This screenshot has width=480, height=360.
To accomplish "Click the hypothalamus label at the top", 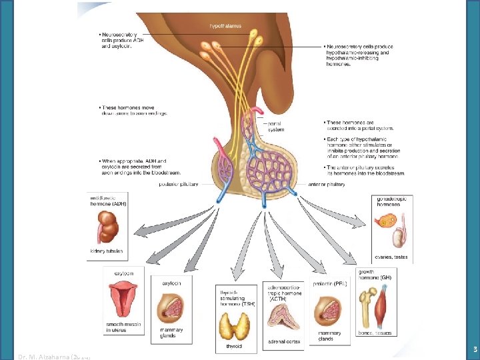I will coord(225,26).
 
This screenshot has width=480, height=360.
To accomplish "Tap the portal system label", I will coord(276,127).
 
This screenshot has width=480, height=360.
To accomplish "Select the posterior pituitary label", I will coord(179,184).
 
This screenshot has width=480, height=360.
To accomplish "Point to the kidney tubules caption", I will coord(105,251).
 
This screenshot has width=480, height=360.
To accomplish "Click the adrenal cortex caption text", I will coord(283,341).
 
